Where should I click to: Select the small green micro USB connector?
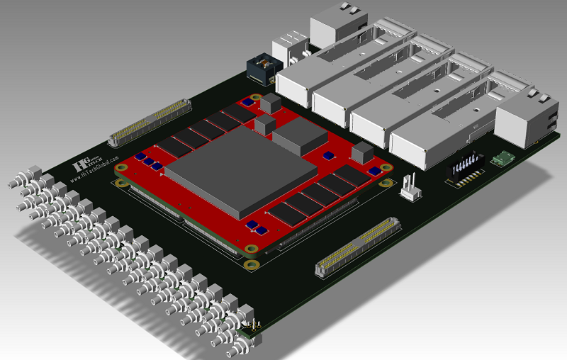click(x=505, y=158)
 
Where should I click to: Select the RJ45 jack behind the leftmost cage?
click(x=334, y=25)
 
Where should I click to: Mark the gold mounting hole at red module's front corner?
click(x=250, y=266)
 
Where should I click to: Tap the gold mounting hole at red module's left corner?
click(x=123, y=168)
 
